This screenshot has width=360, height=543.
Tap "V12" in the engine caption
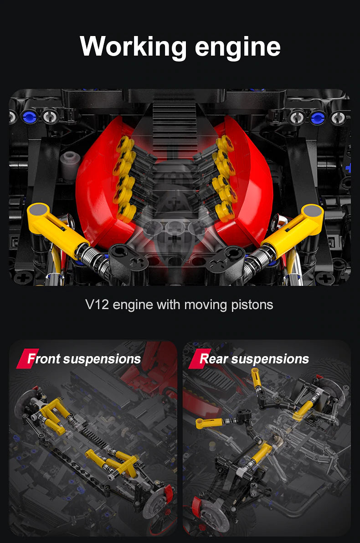point(97,304)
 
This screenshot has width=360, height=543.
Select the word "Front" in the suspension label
point(44,359)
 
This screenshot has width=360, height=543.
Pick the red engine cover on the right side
point(255,191)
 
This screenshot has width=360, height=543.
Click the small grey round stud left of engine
point(70,159)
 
